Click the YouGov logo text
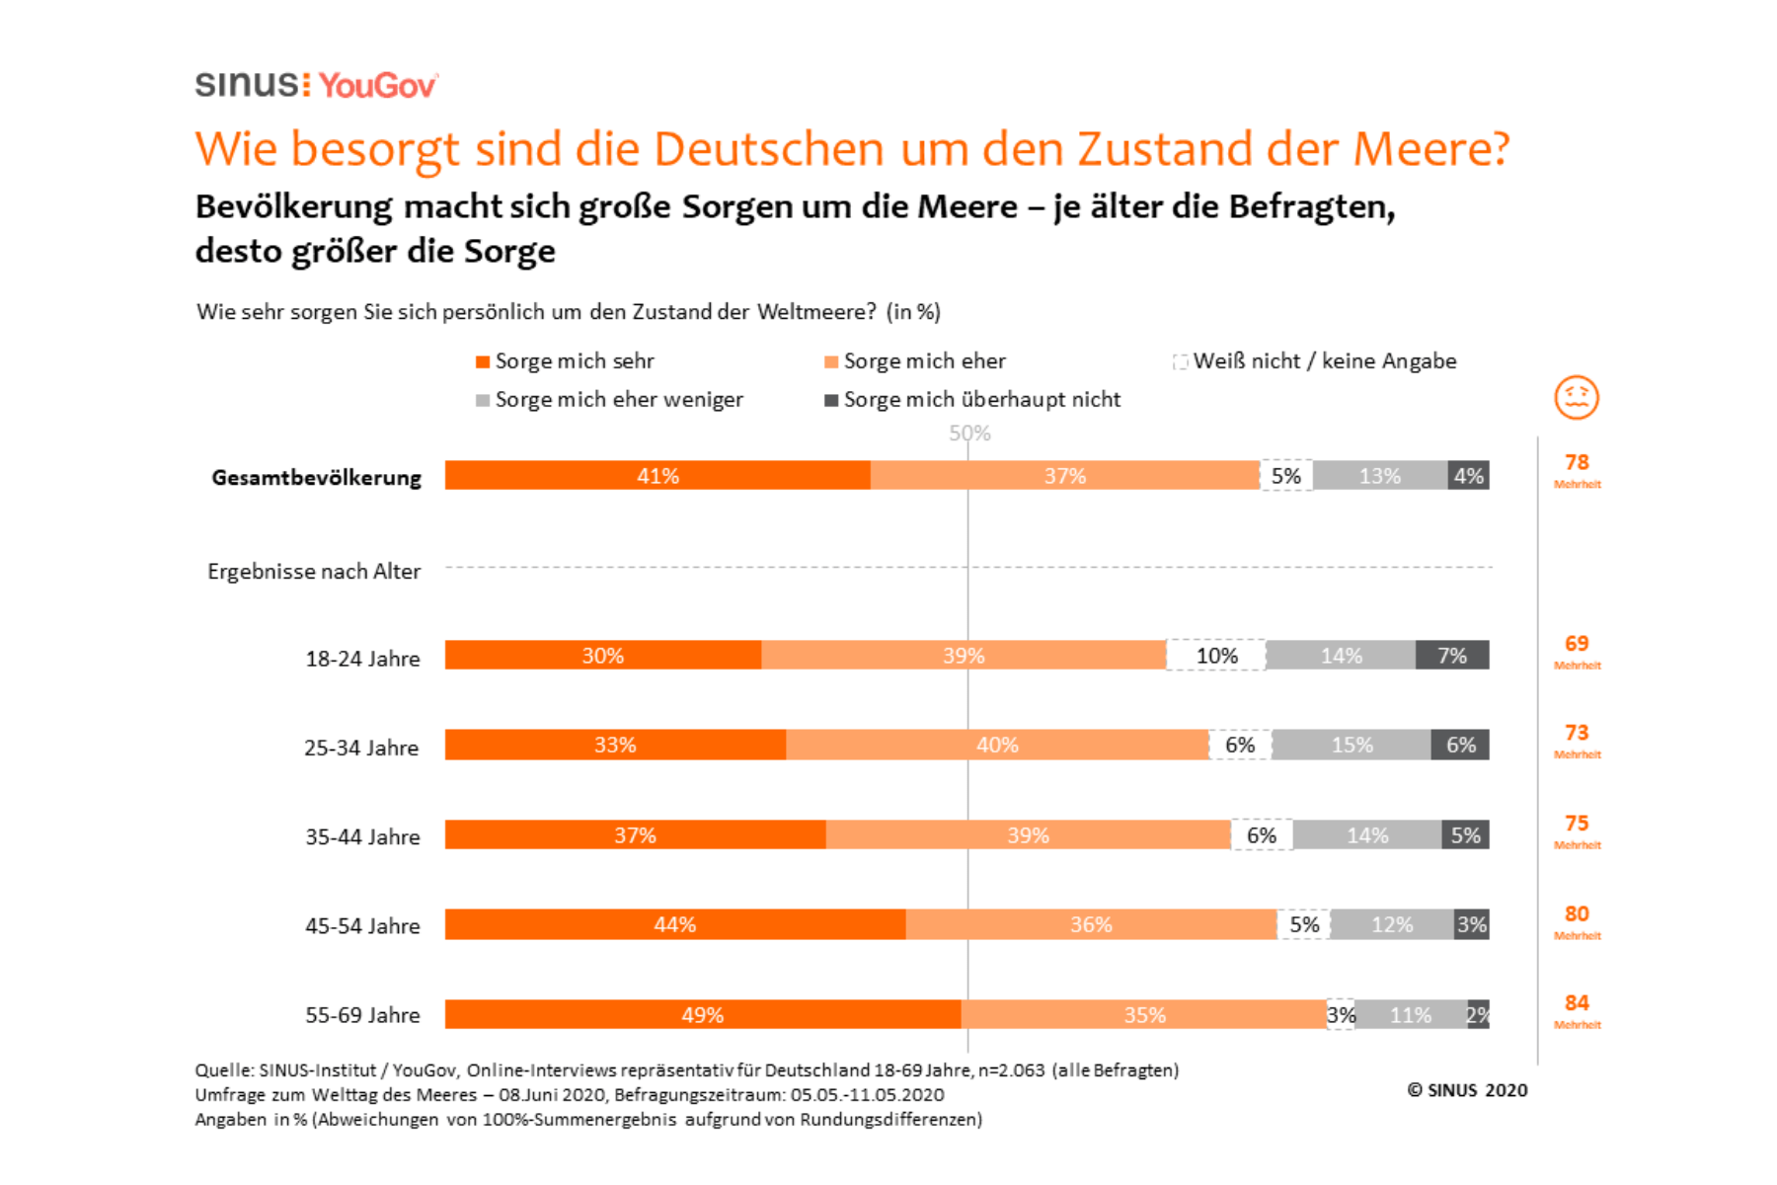(377, 86)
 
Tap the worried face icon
(1576, 398)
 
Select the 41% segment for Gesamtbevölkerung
(657, 476)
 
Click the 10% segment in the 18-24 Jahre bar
(1216, 656)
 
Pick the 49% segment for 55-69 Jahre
(702, 1015)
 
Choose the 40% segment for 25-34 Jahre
(997, 745)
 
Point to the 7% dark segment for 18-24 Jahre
(1452, 656)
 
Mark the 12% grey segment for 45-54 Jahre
(1392, 924)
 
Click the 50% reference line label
(969, 434)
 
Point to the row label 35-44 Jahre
(362, 836)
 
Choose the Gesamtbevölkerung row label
(316, 478)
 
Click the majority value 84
(1577, 1003)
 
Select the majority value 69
(1577, 644)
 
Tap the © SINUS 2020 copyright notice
(1467, 1090)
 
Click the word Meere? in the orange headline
(1430, 149)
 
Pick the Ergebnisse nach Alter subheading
(314, 572)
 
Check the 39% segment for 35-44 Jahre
(1028, 835)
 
